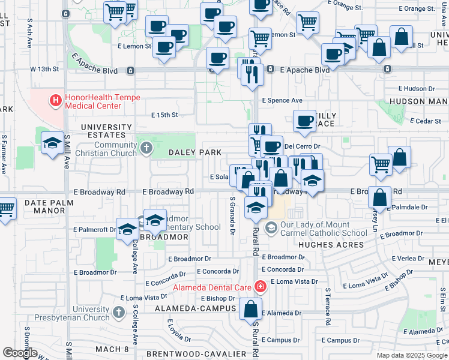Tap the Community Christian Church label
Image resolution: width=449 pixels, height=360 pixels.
point(107,149)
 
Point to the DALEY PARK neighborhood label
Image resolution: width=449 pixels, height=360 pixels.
point(195,152)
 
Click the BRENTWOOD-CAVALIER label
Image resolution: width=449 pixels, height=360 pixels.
point(196,354)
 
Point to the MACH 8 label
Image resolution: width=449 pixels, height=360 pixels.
point(112,349)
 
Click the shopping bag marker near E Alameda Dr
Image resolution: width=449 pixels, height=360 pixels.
point(250,310)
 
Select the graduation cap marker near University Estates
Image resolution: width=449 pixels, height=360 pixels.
point(52,143)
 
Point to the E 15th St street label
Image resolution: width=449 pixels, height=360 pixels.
point(164,115)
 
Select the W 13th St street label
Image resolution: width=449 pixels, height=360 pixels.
point(46,70)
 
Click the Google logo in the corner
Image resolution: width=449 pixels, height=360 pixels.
point(20,353)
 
